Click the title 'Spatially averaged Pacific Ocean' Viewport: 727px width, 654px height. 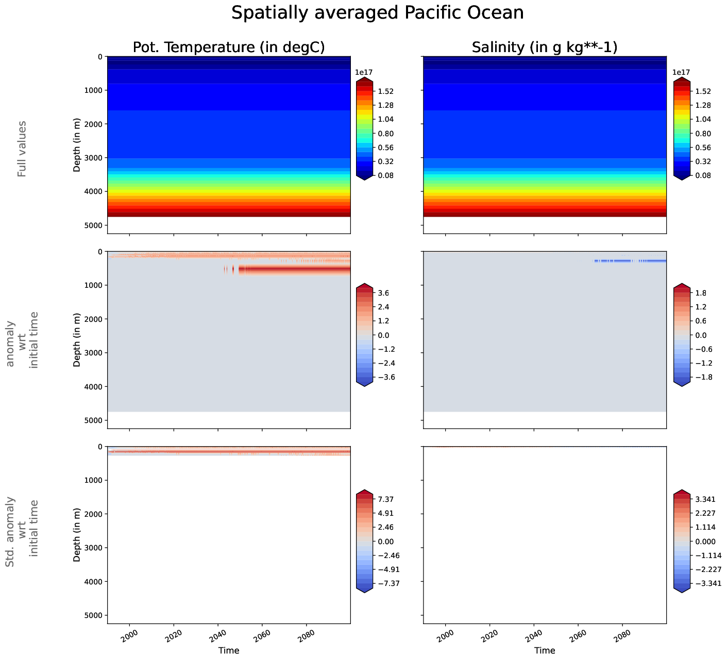[x=377, y=13]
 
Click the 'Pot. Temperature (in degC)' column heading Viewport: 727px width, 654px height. [x=229, y=47]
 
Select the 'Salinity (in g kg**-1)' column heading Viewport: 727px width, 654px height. [x=545, y=47]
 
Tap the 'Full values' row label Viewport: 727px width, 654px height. [x=22, y=149]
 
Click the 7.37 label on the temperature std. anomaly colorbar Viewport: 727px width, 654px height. [x=385, y=499]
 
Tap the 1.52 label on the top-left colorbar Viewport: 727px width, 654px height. [x=385, y=91]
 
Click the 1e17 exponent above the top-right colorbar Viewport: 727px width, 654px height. [x=681, y=73]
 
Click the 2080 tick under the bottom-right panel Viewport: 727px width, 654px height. [x=622, y=633]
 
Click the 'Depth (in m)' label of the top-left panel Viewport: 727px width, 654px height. [x=77, y=145]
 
